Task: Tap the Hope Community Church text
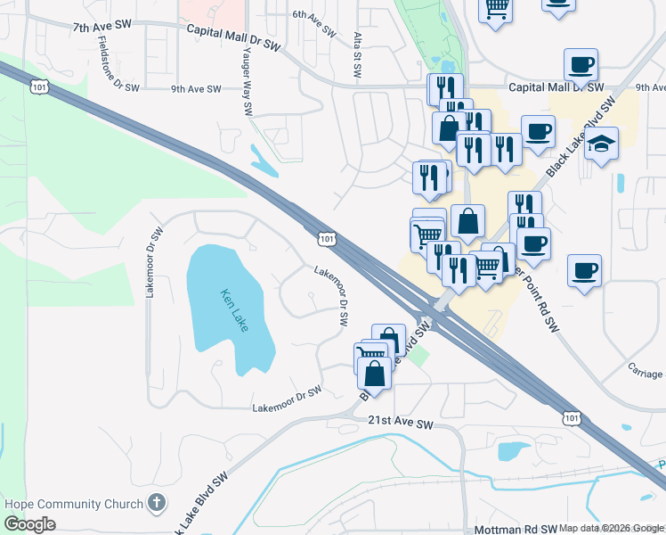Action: pos(74,504)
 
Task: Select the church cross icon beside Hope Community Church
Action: pos(157,504)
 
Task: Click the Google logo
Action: pos(29,523)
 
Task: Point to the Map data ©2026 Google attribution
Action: pos(612,528)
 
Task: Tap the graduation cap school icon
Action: pos(601,144)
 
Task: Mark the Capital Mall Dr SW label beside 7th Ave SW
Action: pos(233,29)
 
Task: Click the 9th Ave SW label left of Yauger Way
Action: pos(196,88)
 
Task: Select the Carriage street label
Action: pos(646,370)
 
